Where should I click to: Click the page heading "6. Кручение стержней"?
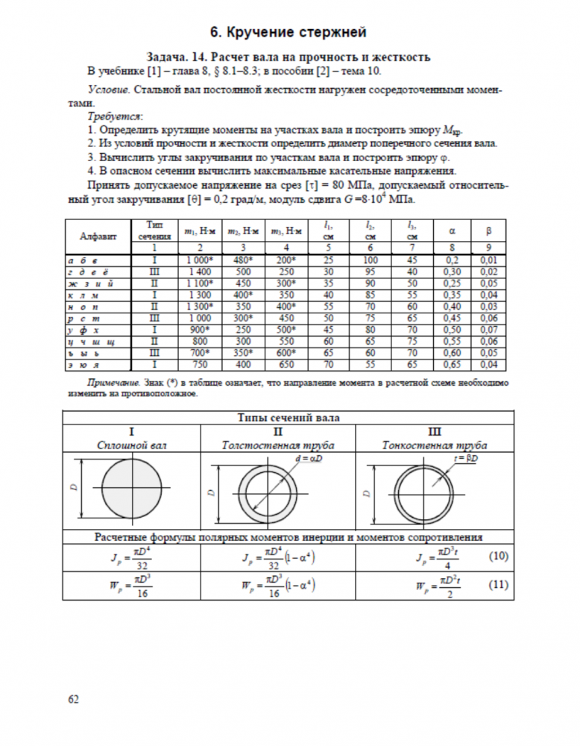point(289,32)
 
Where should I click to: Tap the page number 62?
point(73,699)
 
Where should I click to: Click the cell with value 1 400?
point(198,271)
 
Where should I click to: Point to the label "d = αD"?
point(309,457)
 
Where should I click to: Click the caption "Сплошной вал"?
point(131,445)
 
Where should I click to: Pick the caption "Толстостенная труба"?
point(277,445)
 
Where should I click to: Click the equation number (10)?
point(498,556)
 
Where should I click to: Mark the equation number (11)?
point(498,584)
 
